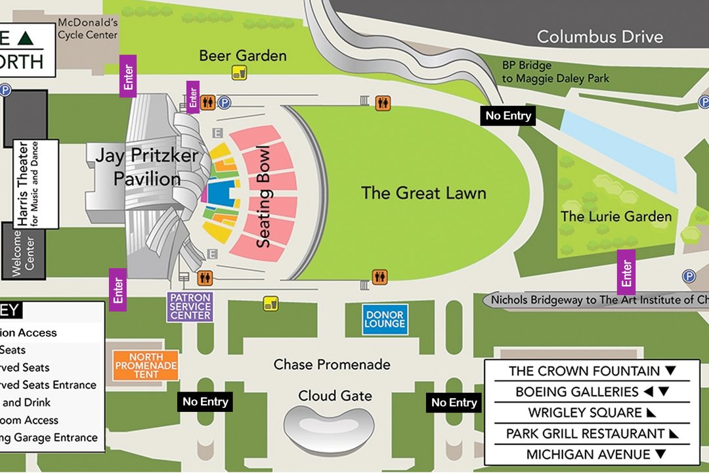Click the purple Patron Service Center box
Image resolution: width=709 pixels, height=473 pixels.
190,307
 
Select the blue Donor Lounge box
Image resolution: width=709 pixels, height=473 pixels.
385,319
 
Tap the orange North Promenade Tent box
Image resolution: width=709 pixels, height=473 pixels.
146,365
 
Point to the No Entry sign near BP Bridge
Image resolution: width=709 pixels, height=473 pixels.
507,116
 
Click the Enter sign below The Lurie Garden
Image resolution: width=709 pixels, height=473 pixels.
626,273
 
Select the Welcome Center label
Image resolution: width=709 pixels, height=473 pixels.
24,250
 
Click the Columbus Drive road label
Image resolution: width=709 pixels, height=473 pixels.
599,37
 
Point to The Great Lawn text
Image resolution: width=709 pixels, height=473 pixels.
423,193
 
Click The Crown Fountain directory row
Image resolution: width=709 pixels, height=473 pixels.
591,371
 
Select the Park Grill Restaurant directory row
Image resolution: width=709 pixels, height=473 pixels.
591,434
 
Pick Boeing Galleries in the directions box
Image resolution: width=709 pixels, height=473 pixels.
591,392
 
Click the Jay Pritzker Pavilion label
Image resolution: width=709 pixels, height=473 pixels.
137,167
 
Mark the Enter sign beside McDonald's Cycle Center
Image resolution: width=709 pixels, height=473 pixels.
128,76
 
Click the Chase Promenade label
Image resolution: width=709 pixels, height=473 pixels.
332,364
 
